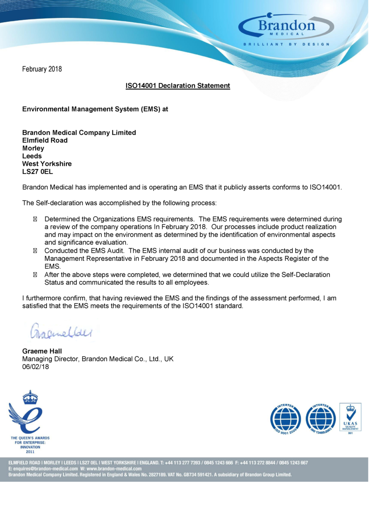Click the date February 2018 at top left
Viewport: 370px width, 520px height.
pyautogui.click(x=42, y=69)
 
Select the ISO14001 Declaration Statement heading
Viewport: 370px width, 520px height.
pyautogui.click(x=178, y=86)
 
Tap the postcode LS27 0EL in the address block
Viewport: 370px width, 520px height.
pyautogui.click(x=37, y=171)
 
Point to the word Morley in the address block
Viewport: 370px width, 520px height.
pyautogui.click(x=33, y=148)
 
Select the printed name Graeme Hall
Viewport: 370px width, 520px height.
pyautogui.click(x=42, y=351)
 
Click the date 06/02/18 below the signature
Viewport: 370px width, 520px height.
pyautogui.click(x=35, y=367)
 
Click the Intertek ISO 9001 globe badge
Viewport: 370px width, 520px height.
pyautogui.click(x=285, y=419)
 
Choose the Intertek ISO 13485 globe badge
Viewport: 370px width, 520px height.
pyautogui.click(x=320, y=419)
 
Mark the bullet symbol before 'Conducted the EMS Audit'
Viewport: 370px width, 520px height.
pyautogui.click(x=35, y=251)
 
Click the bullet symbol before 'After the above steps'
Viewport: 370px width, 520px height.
pyautogui.click(x=35, y=275)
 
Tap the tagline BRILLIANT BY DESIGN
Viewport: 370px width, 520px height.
pyautogui.click(x=286, y=44)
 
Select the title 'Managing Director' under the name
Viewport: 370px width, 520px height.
pyautogui.click(x=50, y=359)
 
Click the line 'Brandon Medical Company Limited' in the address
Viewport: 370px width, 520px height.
pyautogui.click(x=79, y=133)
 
